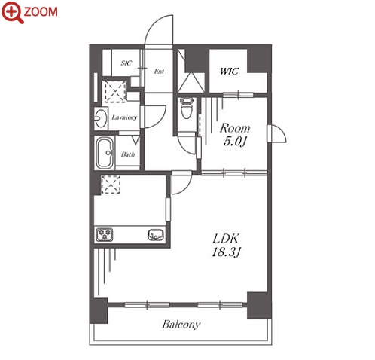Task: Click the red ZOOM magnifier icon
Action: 12,12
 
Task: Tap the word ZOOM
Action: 41,12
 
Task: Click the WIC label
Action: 229,72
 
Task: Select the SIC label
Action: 127,63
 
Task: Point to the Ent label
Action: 159,72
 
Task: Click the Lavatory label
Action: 124,117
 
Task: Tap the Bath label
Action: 128,154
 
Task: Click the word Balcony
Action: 181,325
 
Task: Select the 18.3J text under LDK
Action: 227,252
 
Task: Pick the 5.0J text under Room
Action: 235,142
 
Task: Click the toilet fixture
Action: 187,108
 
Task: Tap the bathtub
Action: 105,153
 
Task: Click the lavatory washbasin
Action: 100,118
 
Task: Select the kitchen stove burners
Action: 105,235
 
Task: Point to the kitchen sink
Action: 156,235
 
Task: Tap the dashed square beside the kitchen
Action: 111,185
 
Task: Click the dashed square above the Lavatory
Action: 115,92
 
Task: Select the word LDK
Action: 226,239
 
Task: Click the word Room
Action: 235,128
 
